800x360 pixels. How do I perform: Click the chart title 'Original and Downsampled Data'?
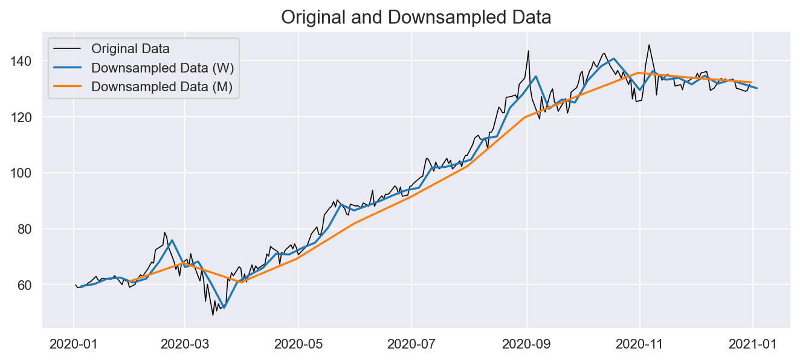point(416,18)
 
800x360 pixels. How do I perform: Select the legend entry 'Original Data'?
point(130,48)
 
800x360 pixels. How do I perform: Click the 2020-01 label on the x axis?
point(73,344)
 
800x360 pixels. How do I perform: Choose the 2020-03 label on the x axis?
point(185,344)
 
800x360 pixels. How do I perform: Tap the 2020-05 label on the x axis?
point(298,344)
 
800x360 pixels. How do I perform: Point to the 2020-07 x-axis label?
point(411,344)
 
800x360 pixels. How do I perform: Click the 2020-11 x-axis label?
point(639,344)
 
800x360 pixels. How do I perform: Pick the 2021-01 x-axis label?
point(752,344)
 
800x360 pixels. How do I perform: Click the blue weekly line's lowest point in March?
point(224,307)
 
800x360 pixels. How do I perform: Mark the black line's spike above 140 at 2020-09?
point(528,51)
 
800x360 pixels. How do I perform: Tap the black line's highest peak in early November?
point(649,45)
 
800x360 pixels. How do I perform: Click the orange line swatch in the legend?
point(69,86)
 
